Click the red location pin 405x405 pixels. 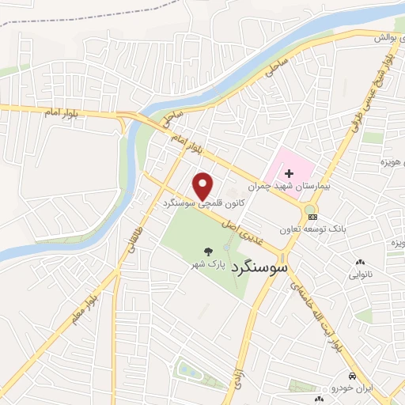coord(203,186)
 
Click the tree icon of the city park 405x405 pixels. coord(204,248)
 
